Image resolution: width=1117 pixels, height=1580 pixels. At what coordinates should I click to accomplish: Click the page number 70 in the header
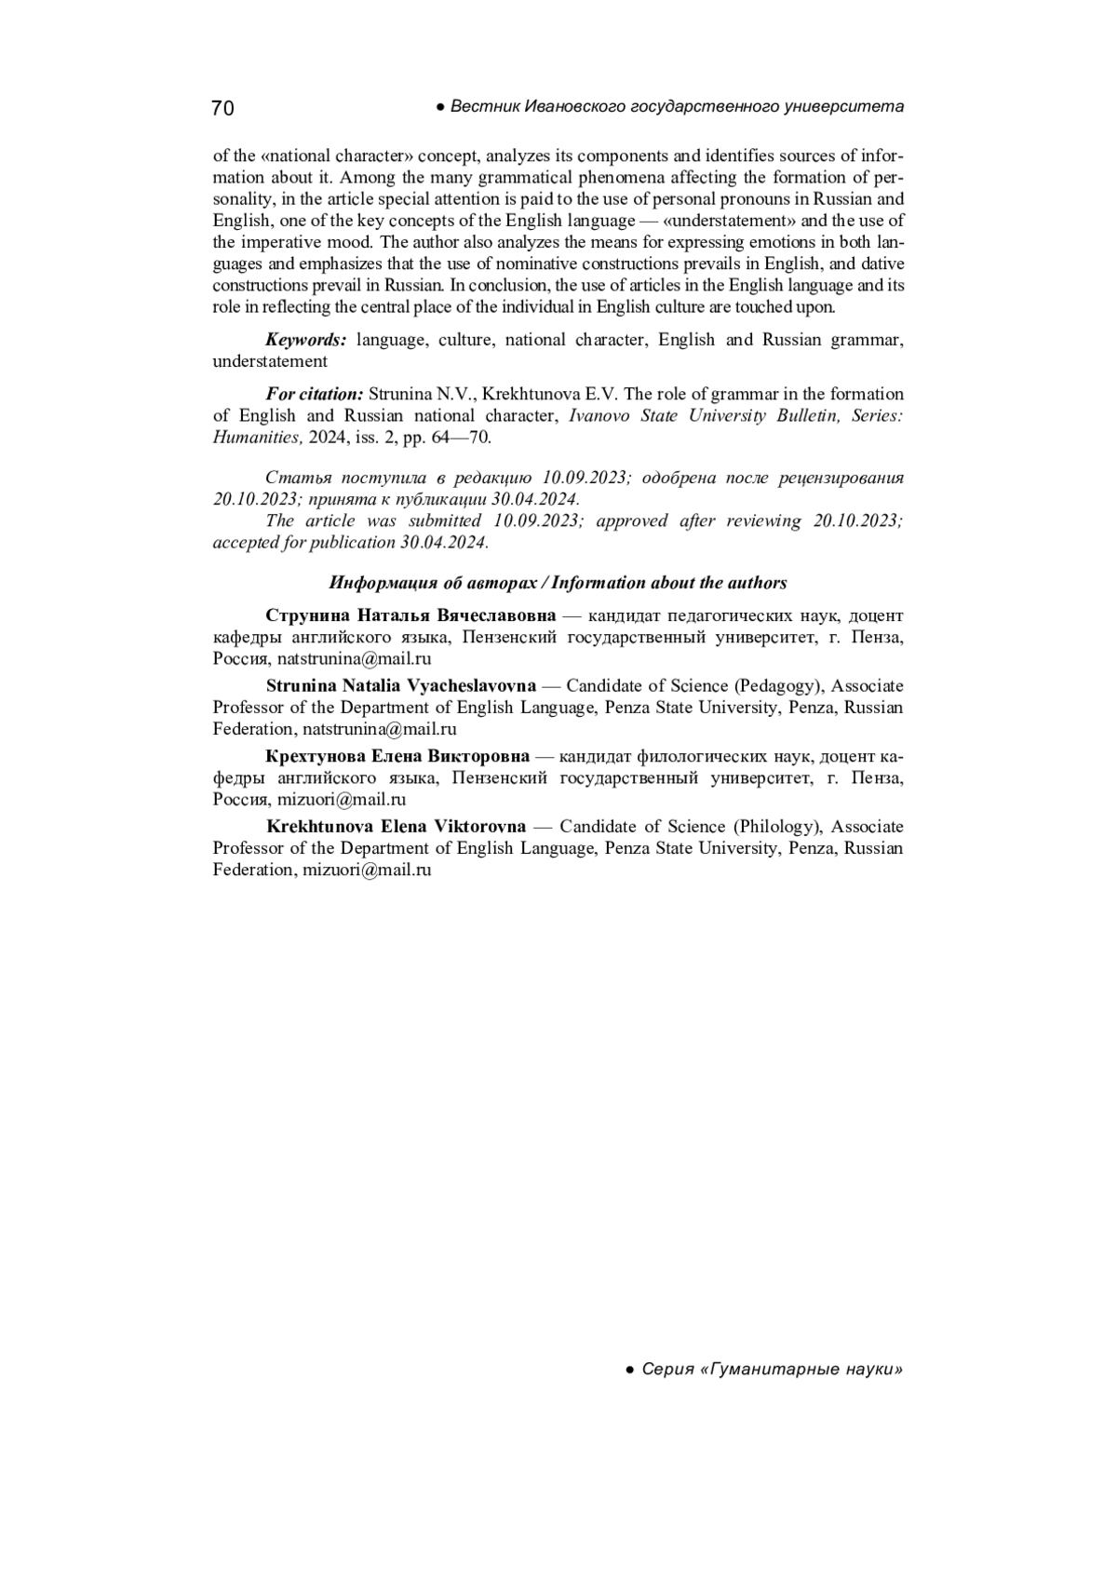222,108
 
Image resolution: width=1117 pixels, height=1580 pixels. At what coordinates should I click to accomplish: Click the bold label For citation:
314,394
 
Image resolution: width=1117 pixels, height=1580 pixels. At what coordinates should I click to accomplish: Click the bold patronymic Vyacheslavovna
472,686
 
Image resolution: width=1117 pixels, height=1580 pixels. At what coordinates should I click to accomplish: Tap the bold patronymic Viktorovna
479,827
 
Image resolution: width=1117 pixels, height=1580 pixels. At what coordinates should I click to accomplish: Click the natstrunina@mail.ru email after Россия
355,659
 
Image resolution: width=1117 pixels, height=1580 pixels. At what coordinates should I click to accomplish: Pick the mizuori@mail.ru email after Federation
367,871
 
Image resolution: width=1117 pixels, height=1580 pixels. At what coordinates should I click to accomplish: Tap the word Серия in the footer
668,1370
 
